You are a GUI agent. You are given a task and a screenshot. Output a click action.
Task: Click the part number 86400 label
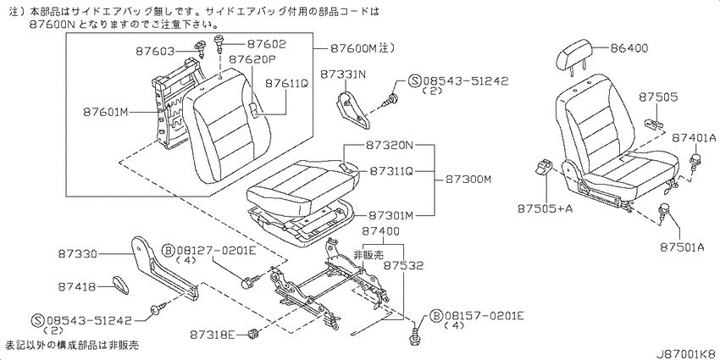coord(629,48)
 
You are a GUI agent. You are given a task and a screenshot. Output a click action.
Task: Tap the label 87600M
coord(353,48)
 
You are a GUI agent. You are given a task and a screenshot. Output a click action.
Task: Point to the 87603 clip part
coord(201,47)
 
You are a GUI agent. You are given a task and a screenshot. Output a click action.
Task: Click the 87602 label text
coord(266,43)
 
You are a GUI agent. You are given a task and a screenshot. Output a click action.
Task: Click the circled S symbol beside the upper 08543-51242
coord(414,81)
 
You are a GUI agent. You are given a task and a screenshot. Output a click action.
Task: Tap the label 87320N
coord(390,146)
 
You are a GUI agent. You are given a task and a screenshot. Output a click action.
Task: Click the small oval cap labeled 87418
coord(121,285)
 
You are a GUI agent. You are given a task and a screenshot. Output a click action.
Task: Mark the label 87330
coord(78,253)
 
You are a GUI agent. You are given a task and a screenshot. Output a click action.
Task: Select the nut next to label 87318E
coord(252,334)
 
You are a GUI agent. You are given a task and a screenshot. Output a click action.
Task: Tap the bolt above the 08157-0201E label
coord(415,336)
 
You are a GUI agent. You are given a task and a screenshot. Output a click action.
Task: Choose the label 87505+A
coord(545,208)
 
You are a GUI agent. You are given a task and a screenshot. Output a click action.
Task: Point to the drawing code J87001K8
coord(685,354)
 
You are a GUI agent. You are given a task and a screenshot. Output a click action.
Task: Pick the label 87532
coord(403,265)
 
